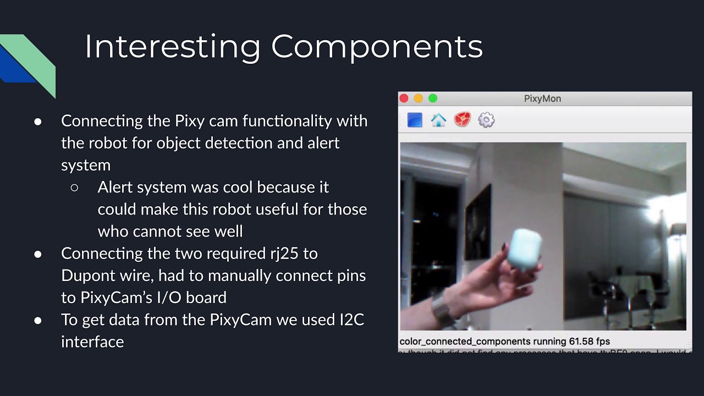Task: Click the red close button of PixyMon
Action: tap(404, 98)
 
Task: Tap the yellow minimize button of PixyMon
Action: tap(418, 98)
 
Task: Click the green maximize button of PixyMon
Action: tap(433, 98)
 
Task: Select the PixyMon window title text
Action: tap(542, 99)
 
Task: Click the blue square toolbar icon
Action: tap(415, 120)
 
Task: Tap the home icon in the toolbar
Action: tap(438, 120)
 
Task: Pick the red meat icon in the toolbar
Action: tap(463, 120)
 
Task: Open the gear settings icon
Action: tap(486, 120)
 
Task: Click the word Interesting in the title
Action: tap(172, 47)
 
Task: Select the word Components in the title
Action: tap(377, 47)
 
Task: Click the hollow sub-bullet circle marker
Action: tap(75, 188)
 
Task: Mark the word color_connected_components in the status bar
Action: tap(465, 342)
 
